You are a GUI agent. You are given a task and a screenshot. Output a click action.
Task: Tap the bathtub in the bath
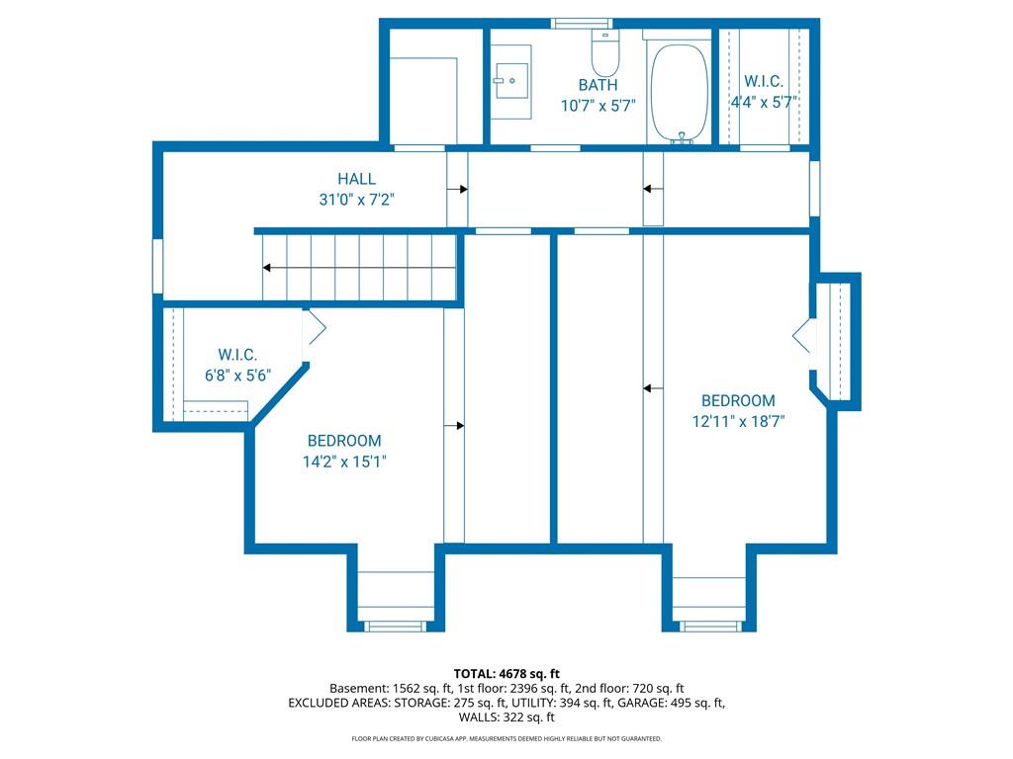[679, 94]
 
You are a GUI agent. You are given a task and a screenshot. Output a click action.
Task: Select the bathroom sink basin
[512, 81]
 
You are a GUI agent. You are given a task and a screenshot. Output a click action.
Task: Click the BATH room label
[598, 85]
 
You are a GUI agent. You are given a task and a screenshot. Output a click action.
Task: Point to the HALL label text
[356, 179]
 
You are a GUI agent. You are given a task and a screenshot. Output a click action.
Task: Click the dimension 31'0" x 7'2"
[356, 200]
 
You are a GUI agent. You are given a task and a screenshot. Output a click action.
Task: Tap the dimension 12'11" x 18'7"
[738, 421]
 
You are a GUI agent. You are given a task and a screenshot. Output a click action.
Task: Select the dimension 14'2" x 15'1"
[344, 462]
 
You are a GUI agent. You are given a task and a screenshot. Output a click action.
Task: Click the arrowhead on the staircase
[266, 267]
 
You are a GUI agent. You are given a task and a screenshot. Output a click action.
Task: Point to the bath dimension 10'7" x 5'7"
[599, 105]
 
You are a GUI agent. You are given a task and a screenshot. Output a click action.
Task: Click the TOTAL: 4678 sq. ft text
[506, 674]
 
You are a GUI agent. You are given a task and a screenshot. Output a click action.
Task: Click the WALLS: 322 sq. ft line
[506, 717]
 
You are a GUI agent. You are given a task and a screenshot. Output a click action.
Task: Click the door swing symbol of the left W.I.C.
[314, 328]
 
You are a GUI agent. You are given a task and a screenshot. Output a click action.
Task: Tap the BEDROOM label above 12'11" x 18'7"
[738, 401]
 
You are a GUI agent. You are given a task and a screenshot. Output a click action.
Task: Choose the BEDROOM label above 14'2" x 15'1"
[344, 441]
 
